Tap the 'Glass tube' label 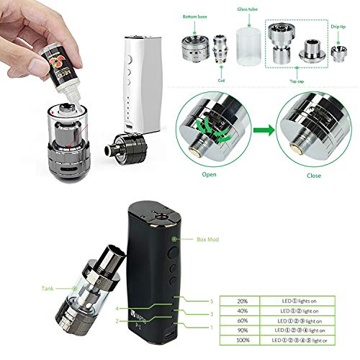(248, 10)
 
